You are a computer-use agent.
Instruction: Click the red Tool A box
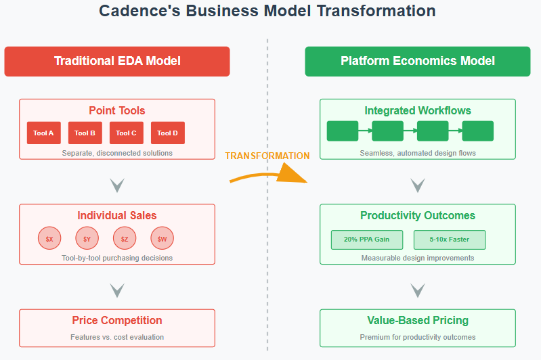click(43, 133)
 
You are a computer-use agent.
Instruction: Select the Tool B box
click(85, 133)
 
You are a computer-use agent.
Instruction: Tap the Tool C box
click(126, 133)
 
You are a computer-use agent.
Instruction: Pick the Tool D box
click(167, 133)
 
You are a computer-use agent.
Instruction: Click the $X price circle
click(49, 239)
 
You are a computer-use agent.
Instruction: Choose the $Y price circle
click(87, 239)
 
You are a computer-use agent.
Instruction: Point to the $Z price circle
click(125, 239)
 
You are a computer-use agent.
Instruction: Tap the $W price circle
click(163, 239)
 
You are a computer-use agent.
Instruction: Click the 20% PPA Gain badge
click(366, 240)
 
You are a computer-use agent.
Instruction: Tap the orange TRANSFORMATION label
click(267, 156)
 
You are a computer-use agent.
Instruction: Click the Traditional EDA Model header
click(117, 61)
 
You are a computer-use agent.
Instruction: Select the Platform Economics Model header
click(418, 61)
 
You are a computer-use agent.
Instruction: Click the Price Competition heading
click(117, 320)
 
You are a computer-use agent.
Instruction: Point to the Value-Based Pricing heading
click(418, 320)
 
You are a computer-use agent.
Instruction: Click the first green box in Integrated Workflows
click(343, 131)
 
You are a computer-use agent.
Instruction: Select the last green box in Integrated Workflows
click(477, 131)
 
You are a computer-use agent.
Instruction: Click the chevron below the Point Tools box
click(117, 185)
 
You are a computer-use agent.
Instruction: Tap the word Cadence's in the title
click(139, 12)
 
